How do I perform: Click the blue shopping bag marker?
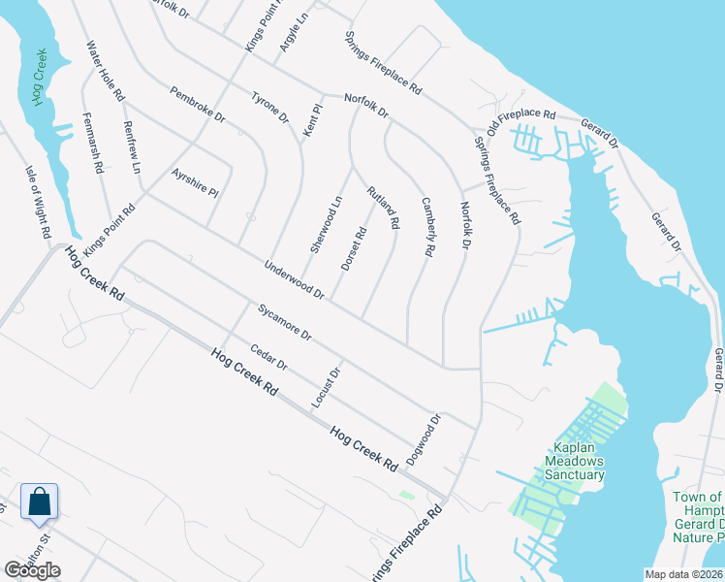[x=39, y=502]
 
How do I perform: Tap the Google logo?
[x=32, y=570]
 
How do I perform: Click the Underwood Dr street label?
[x=293, y=278]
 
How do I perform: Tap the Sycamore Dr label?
[x=285, y=322]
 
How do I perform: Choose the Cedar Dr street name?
[x=269, y=358]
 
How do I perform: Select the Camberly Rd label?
[x=426, y=227]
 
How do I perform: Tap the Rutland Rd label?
[x=383, y=208]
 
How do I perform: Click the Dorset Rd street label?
[x=354, y=248]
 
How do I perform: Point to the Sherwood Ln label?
[x=327, y=224]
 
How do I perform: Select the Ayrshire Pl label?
[x=195, y=181]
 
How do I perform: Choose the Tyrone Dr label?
[x=270, y=108]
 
